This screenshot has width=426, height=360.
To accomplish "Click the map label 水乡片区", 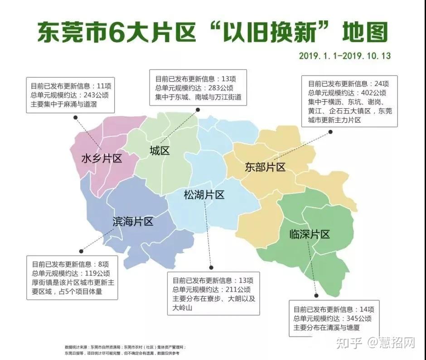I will coord(102,159).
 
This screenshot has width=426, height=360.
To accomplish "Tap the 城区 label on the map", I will coord(160,151).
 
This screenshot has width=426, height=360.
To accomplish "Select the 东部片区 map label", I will coord(265,167).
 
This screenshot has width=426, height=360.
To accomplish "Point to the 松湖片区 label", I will coord(204,195).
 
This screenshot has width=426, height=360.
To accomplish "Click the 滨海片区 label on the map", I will coord(133,221).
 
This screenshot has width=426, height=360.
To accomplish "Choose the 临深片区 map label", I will coord(310,234).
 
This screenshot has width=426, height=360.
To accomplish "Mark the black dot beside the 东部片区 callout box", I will coord(330,132).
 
